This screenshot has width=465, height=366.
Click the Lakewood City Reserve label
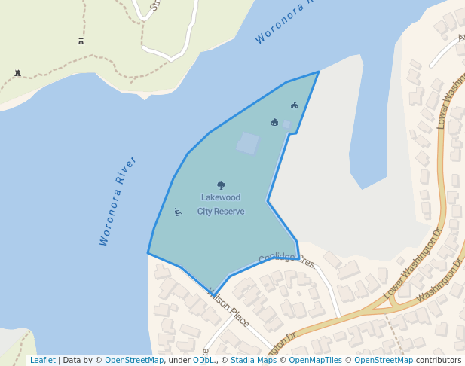(x=221, y=204)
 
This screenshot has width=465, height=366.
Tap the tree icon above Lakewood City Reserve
(x=221, y=185)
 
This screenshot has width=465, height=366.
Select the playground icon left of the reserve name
(x=178, y=212)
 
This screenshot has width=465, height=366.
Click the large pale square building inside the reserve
(x=247, y=143)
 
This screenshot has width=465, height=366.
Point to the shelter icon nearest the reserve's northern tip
(x=294, y=105)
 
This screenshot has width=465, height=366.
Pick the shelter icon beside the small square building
(x=274, y=122)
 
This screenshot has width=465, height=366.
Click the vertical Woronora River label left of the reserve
(x=118, y=200)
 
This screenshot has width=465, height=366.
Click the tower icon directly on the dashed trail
(x=17, y=73)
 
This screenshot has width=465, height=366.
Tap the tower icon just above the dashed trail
(x=81, y=41)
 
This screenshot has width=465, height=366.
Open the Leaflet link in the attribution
(x=42, y=360)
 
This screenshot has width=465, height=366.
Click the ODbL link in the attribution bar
(x=203, y=360)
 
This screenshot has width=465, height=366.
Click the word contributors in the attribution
(x=439, y=360)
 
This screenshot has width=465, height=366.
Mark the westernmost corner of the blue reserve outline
(x=148, y=253)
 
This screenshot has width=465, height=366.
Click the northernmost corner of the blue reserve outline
(x=319, y=72)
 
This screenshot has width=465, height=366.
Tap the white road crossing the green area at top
(x=169, y=54)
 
